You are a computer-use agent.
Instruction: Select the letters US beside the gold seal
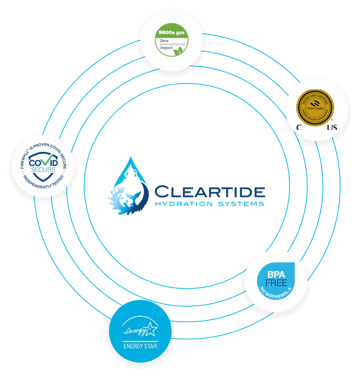click(x=332, y=128)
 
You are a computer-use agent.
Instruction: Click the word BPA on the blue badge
click(x=275, y=274)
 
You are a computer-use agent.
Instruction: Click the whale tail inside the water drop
click(x=135, y=200)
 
